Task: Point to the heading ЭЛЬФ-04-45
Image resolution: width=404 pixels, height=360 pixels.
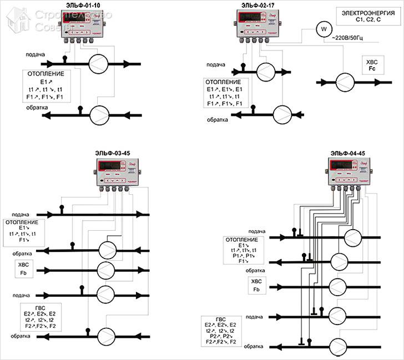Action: tap(347, 153)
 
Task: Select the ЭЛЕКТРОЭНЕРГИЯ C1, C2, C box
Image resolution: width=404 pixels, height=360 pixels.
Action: tap(361, 17)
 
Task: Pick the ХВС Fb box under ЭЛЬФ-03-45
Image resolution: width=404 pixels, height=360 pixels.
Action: tap(23, 270)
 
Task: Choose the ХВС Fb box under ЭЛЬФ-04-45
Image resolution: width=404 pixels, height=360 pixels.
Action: tap(256, 286)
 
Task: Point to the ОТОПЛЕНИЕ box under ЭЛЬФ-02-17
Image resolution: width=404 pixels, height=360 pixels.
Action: tap(224, 93)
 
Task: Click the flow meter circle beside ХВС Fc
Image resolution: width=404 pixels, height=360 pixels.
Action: tap(348, 82)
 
